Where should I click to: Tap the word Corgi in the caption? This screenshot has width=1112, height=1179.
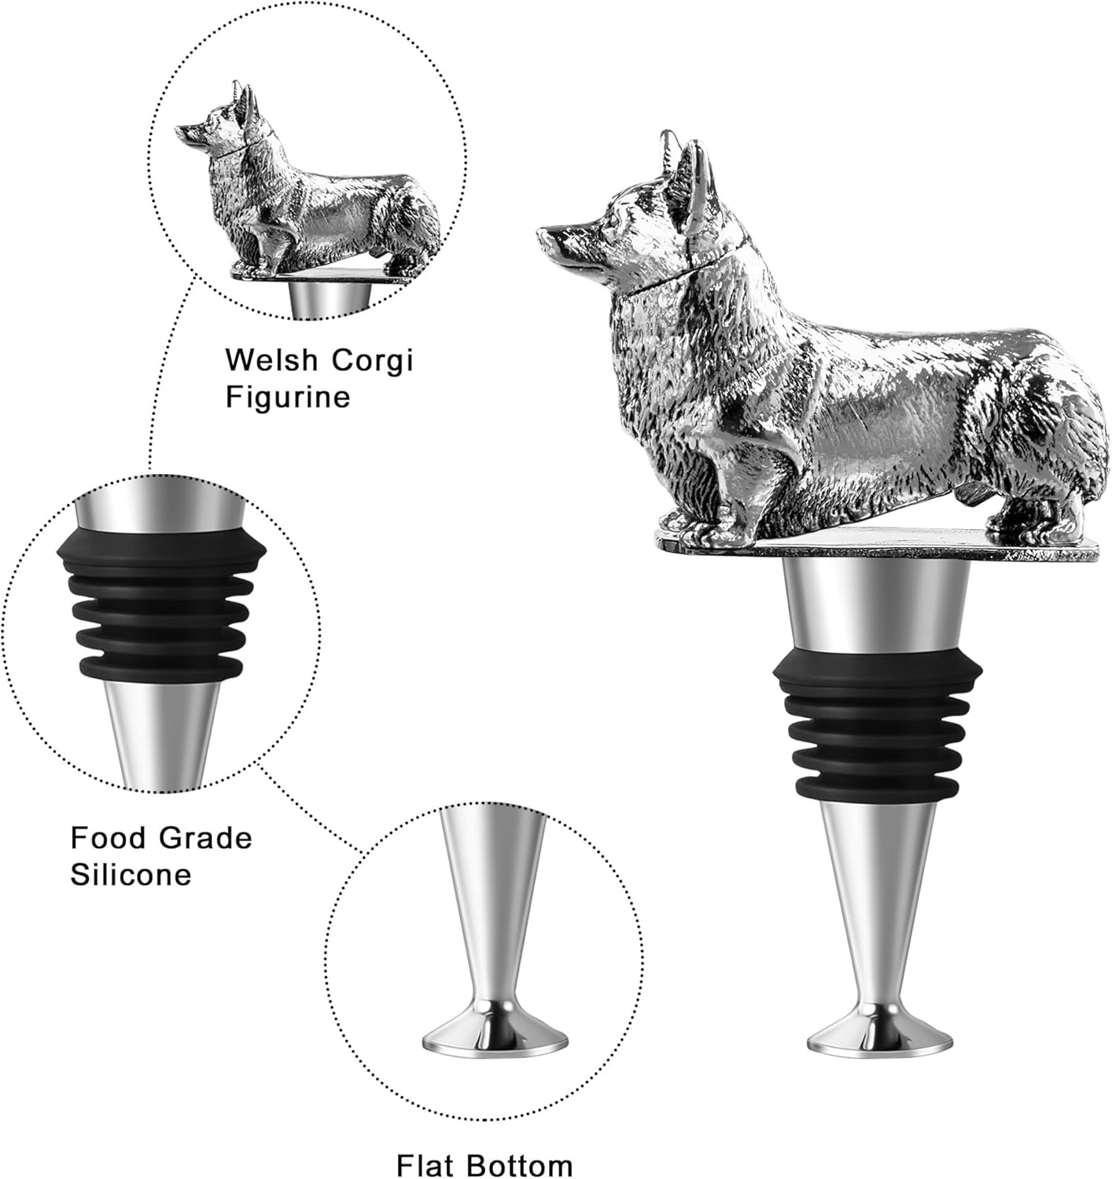tap(371, 362)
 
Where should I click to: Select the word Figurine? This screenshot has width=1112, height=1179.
tap(287, 397)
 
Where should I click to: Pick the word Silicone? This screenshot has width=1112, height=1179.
tap(131, 874)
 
